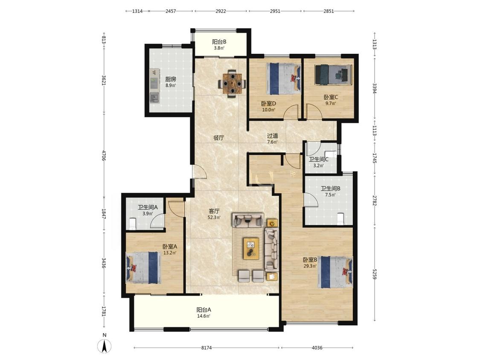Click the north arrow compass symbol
pyautogui.click(x=105, y=346)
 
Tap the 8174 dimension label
pyautogui.click(x=207, y=348)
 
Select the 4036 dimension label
pyautogui.click(x=317, y=348)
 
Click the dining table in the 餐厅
pyautogui.click(x=232, y=83)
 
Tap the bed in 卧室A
pyautogui.click(x=143, y=267)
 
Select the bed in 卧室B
pyautogui.click(x=335, y=272)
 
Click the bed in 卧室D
pyautogui.click(x=283, y=78)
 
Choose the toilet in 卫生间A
pyautogui.click(x=133, y=224)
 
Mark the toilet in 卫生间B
pyautogui.click(x=341, y=218)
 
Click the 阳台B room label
pyautogui.click(x=219, y=42)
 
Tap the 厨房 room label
pyautogui.click(x=171, y=79)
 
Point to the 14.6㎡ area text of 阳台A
pyautogui.click(x=204, y=316)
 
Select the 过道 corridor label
pyautogui.click(x=273, y=136)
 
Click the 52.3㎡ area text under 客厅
pyautogui.click(x=214, y=218)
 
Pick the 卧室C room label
pyautogui.click(x=331, y=97)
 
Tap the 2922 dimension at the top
pyautogui.click(x=221, y=11)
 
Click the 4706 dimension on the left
pyautogui.click(x=104, y=156)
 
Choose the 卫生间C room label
pyautogui.click(x=319, y=159)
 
